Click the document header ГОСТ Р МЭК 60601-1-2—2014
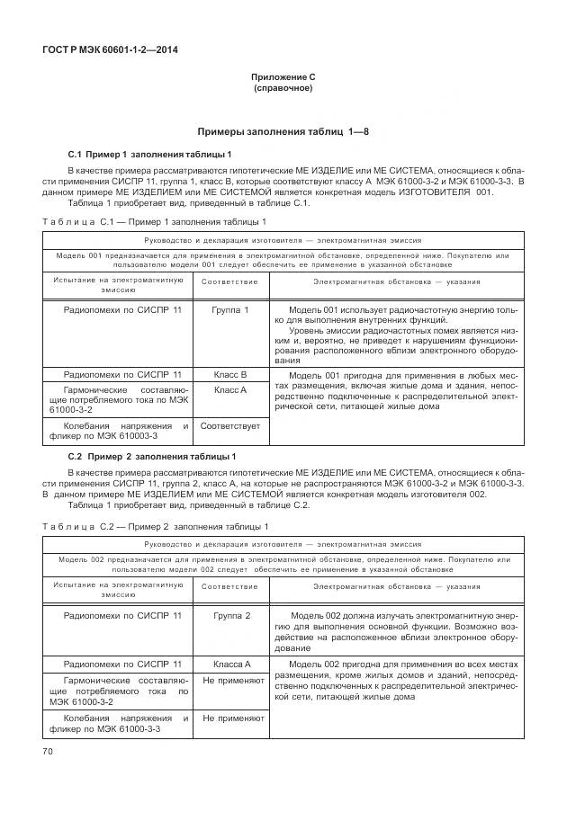coord(109,49)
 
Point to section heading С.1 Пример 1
coord(150,155)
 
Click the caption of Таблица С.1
coord(154,221)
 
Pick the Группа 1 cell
coord(230,310)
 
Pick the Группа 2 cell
coord(230,615)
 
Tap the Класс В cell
coord(230,374)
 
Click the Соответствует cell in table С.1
coord(230,425)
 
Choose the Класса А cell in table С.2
coord(230,663)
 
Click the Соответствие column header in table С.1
coord(230,281)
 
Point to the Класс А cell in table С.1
coord(230,390)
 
